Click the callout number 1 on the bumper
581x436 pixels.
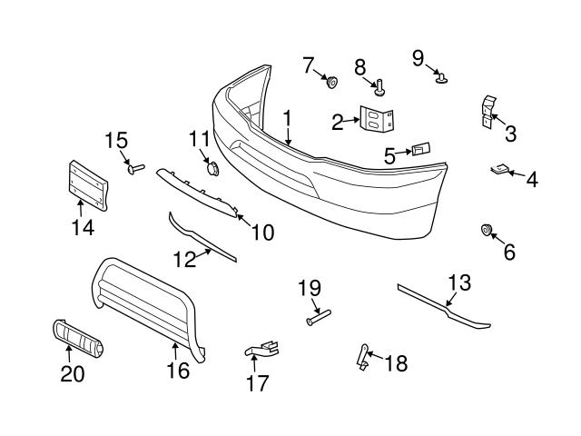tap(287, 118)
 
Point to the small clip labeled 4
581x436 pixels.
tap(500, 170)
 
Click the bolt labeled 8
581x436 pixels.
tap(379, 88)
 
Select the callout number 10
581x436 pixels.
tap(261, 233)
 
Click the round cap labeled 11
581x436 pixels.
tap(210, 168)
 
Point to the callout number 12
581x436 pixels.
tap(185, 260)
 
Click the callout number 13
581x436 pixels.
tap(460, 282)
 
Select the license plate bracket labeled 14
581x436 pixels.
tap(87, 185)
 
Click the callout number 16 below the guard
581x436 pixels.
tap(177, 370)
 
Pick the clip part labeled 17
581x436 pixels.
tap(262, 349)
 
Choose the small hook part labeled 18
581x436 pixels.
tap(363, 356)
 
